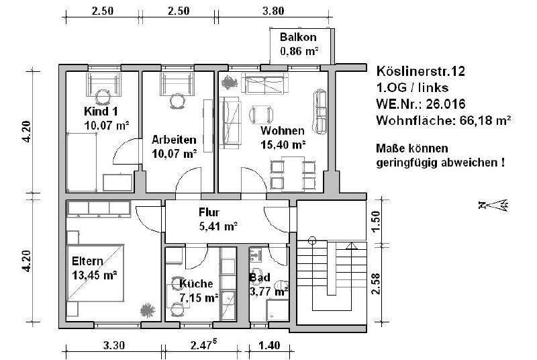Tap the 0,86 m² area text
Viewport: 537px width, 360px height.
299,50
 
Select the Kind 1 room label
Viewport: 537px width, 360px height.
102,111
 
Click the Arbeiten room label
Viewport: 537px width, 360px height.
174,140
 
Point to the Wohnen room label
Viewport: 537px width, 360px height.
283,130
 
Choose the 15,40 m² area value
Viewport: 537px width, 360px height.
283,144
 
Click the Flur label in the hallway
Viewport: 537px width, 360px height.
209,212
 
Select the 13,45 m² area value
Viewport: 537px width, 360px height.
95,275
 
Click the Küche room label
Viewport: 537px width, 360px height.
197,284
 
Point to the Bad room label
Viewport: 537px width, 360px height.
260,277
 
